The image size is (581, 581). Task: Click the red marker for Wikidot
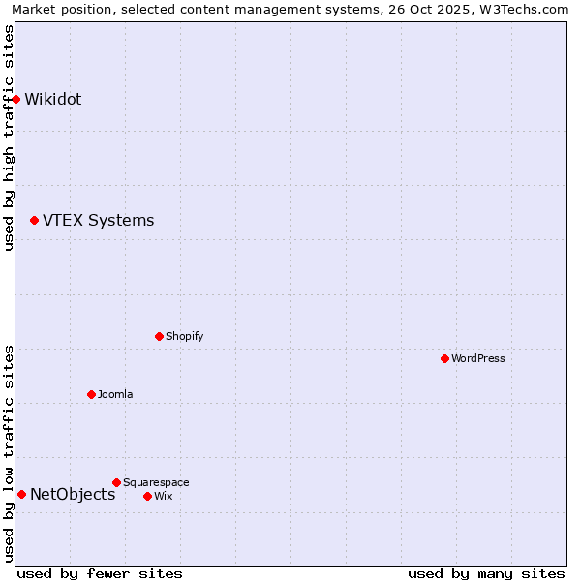pos(16,99)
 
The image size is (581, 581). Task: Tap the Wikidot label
pos(53,99)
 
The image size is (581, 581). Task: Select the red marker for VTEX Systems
pos(35,221)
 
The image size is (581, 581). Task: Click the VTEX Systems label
pos(98,220)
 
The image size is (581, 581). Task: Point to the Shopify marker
pos(160,337)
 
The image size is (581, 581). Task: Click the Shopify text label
pos(184,337)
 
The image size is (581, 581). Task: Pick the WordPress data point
pos(445,359)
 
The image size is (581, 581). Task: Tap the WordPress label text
pos(478,358)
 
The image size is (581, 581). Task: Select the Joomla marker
pos(92,395)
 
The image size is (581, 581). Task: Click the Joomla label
pos(115,394)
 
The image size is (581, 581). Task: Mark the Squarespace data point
pos(117,482)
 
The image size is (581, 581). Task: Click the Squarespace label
pos(156,482)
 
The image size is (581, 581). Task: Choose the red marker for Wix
pos(148,497)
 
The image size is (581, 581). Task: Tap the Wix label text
pos(164,496)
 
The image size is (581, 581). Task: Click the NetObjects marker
pos(22,495)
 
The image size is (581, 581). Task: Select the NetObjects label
pos(73,495)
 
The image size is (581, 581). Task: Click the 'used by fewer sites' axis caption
pos(100,573)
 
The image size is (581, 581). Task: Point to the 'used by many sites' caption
pos(486,573)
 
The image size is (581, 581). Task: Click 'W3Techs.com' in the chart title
pos(523,9)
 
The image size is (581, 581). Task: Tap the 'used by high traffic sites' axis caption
pos(9,138)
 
